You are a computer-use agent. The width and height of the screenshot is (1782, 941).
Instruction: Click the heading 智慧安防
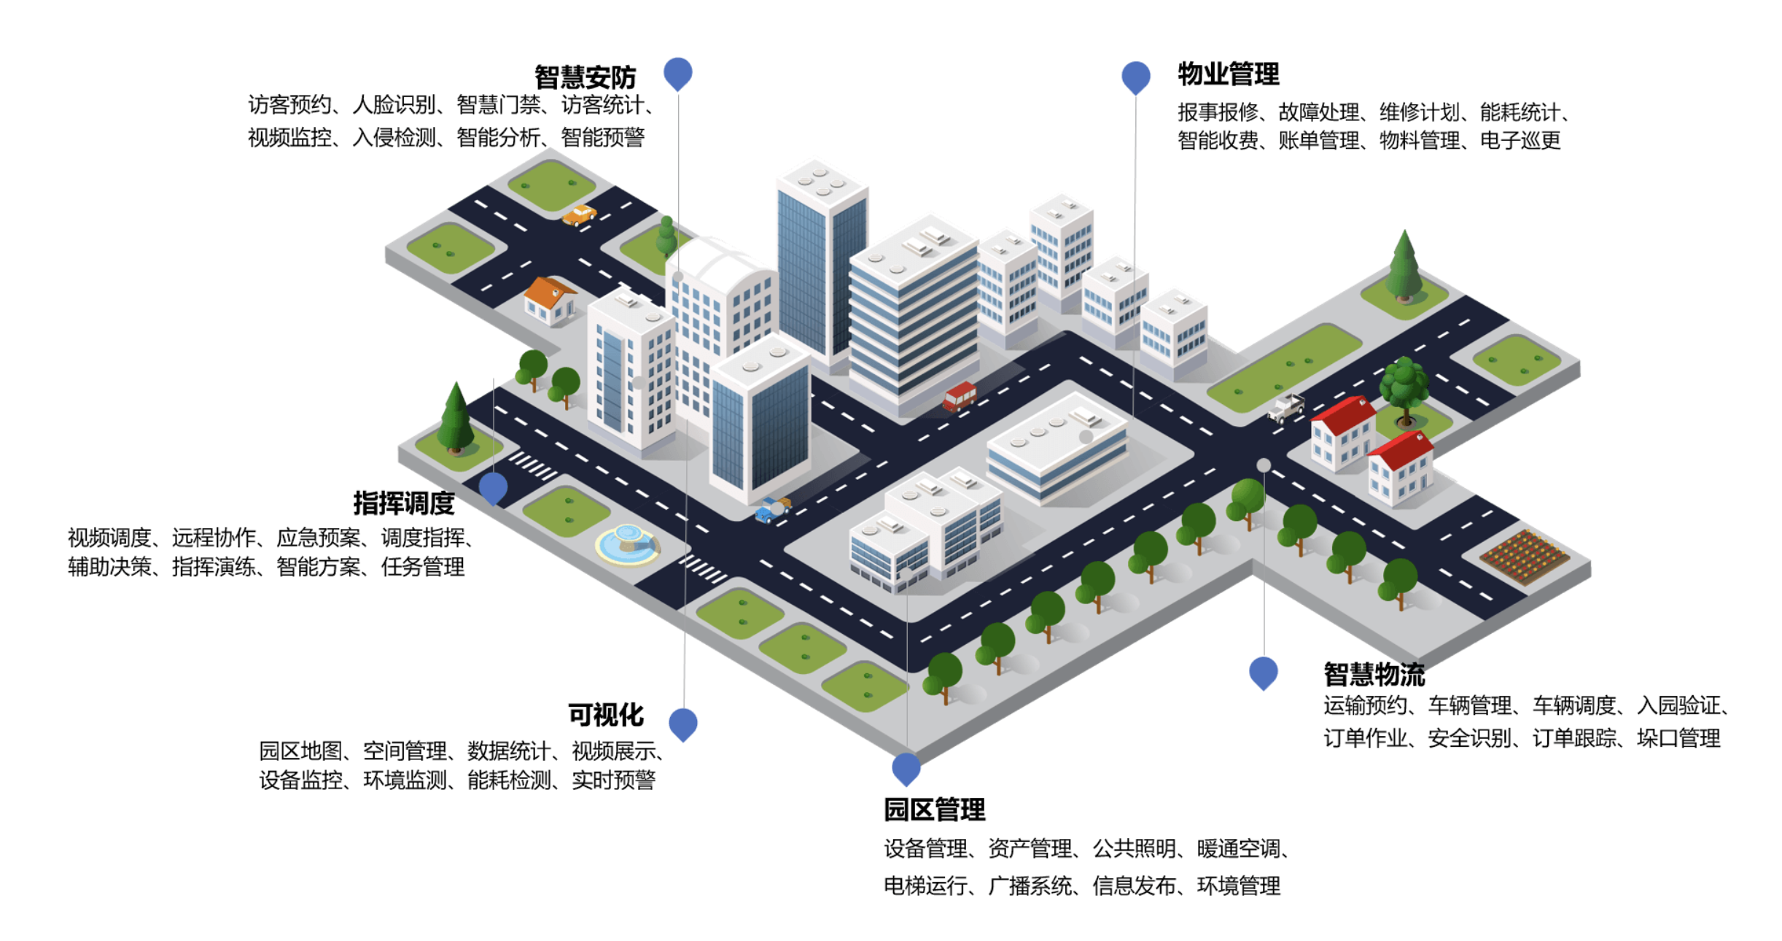tap(585, 77)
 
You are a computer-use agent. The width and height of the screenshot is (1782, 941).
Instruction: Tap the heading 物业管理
tap(1228, 74)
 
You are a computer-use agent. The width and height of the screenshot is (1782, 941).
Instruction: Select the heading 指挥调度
tap(404, 503)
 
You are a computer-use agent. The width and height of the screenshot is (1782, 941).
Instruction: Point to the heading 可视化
tap(606, 715)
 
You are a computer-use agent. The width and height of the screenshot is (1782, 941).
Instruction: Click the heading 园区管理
tap(934, 810)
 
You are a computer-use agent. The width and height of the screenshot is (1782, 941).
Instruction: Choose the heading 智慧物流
tap(1374, 674)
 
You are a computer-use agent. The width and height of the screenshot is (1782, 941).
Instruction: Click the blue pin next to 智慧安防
tap(678, 74)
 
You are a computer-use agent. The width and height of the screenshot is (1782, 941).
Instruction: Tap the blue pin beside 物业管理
tap(1136, 77)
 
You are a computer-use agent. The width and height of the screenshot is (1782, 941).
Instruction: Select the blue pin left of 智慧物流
tap(1264, 673)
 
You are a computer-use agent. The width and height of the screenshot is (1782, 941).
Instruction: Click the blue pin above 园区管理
tap(906, 769)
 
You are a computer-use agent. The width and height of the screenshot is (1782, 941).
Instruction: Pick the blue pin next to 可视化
tap(683, 724)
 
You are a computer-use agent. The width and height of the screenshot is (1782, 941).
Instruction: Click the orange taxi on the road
tap(580, 215)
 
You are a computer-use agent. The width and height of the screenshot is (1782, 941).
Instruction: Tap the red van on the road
tap(960, 396)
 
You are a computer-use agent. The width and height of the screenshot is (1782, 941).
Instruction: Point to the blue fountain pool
tap(628, 544)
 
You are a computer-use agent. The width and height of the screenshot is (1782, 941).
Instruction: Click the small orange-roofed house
tap(550, 300)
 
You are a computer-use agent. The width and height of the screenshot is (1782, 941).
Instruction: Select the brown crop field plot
tap(1524, 556)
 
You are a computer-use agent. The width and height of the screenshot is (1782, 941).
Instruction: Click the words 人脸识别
tap(394, 105)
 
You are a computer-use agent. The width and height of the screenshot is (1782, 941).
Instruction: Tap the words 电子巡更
tap(1520, 140)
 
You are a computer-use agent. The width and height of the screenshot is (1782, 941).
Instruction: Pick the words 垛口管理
tap(1678, 738)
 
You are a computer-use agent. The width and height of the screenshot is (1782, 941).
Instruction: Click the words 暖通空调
tap(1238, 848)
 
